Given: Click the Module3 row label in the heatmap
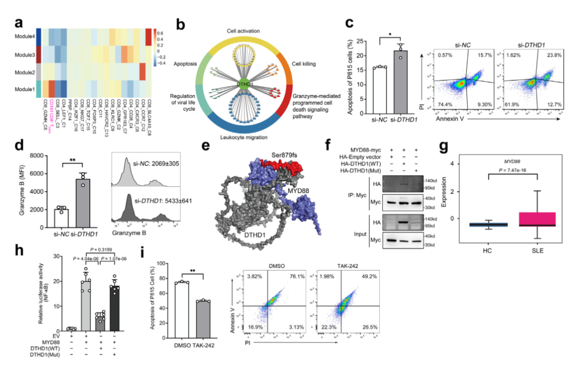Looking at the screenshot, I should tap(25, 55).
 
